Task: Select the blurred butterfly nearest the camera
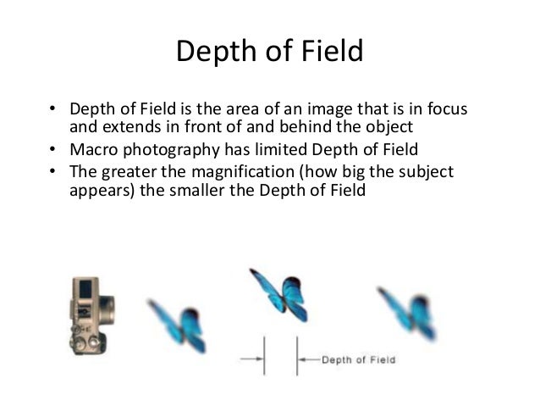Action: pos(177,322)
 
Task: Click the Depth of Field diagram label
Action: pos(358,360)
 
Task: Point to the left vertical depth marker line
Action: pos(265,356)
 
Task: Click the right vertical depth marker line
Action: pos(297,356)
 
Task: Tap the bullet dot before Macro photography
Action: pos(52,151)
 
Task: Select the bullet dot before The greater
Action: pos(52,172)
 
